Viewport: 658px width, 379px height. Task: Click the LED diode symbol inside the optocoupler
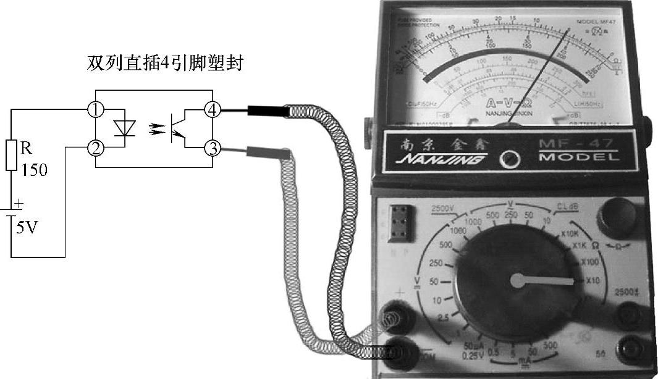(x=125, y=128)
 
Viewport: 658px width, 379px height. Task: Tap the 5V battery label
(x=27, y=228)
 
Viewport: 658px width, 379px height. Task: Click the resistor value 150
(x=35, y=170)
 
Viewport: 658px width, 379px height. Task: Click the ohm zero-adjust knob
(x=616, y=217)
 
